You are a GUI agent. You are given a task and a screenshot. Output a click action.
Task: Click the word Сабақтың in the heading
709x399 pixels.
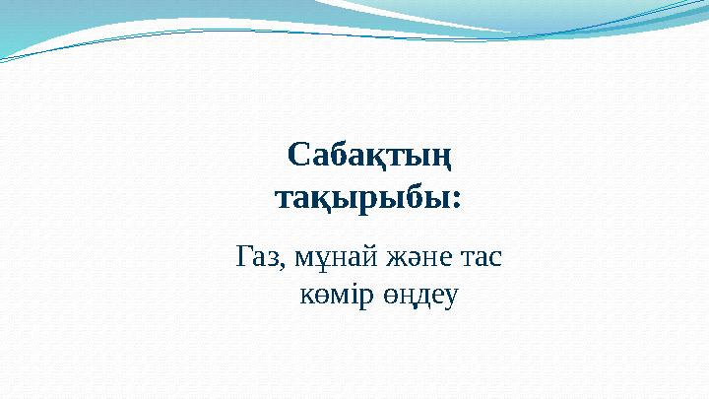369,156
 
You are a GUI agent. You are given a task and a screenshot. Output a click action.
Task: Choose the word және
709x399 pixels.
419,258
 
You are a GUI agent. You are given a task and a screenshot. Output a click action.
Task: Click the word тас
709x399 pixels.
482,258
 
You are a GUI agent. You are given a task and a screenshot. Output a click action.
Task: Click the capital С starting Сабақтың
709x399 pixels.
299,155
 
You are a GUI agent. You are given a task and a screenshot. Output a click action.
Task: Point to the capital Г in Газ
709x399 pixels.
244,256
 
